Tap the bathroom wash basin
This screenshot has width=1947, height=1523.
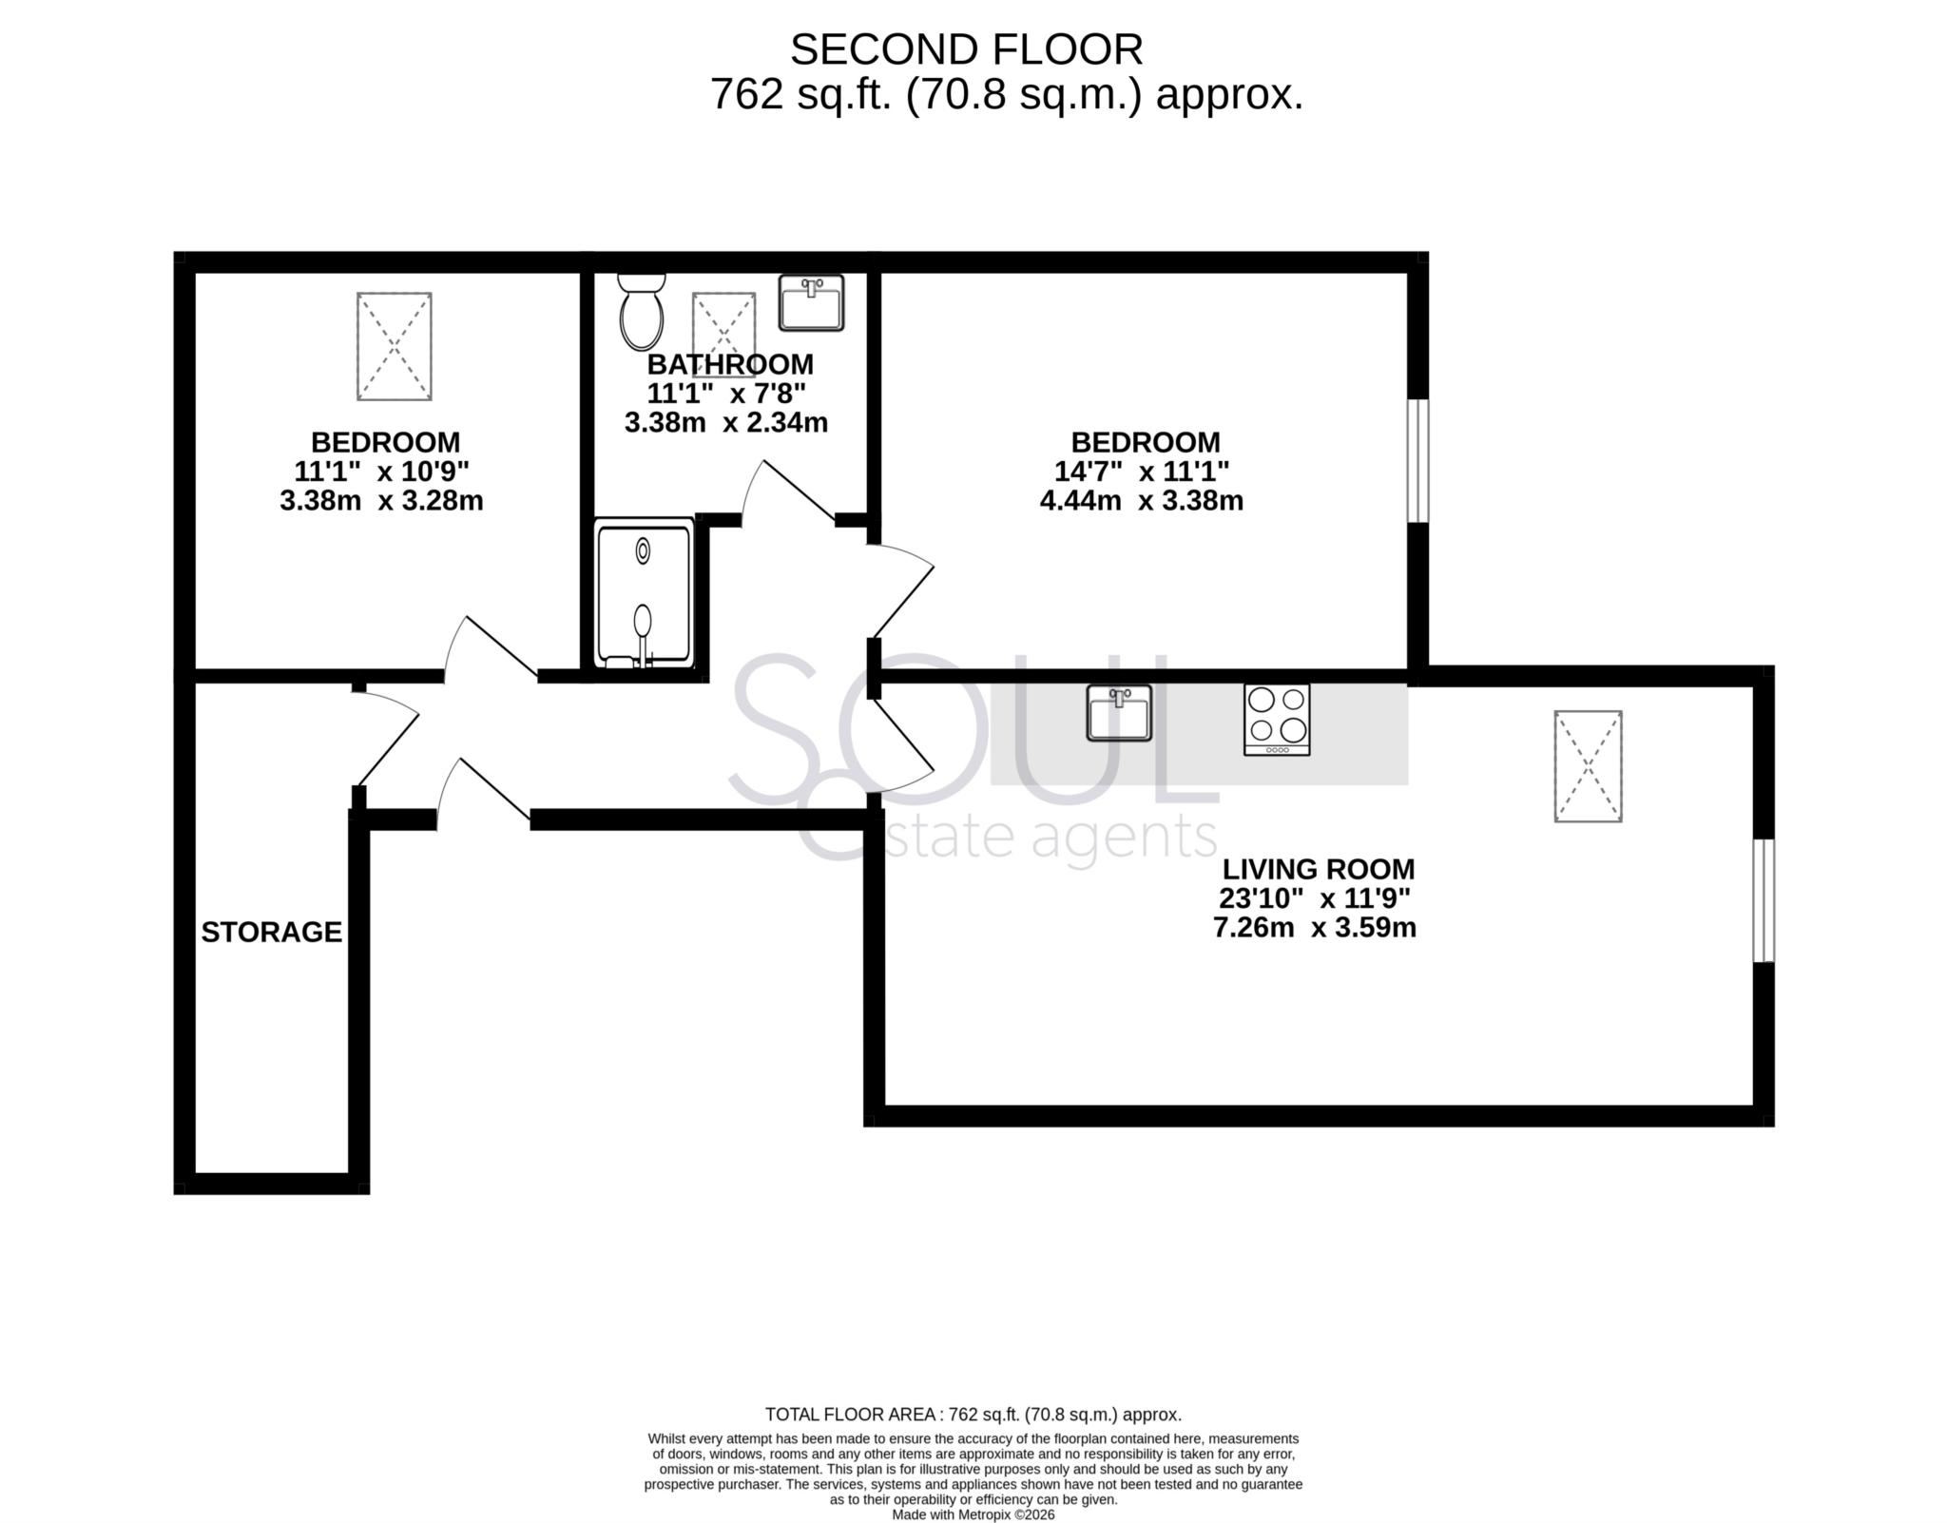click(x=811, y=303)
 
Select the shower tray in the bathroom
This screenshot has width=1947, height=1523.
click(x=644, y=593)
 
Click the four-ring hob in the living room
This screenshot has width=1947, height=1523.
click(x=1277, y=720)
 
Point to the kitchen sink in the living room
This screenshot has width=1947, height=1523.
click(x=1119, y=713)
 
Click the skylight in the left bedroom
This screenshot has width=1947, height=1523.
click(x=394, y=346)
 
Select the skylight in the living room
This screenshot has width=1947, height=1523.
click(x=1588, y=766)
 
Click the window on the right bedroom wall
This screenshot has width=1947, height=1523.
click(x=1417, y=461)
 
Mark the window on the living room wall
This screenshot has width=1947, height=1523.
click(x=1763, y=900)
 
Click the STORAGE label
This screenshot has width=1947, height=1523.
click(x=271, y=933)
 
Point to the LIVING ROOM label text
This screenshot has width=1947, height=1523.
click(x=1318, y=869)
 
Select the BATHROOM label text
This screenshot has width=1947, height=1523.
click(x=730, y=364)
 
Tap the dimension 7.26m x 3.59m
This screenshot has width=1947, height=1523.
click(x=1314, y=928)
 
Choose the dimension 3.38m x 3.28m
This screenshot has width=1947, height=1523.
click(x=381, y=501)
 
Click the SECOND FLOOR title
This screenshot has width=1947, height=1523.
click(x=966, y=49)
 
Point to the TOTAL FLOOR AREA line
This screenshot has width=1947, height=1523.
click(x=973, y=1415)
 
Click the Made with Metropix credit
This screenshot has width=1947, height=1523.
click(x=973, y=1515)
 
